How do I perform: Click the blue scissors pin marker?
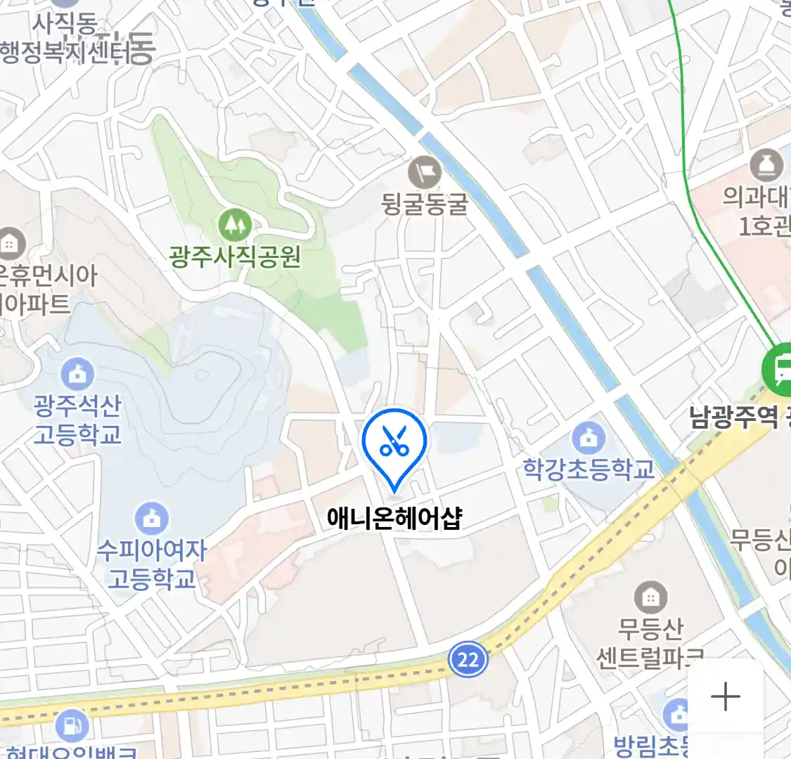coord(394,444)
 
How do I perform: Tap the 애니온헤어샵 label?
coord(394,518)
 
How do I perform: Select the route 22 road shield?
coord(468,659)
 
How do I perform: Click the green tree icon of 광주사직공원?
coord(235,225)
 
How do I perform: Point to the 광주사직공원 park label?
coord(235,257)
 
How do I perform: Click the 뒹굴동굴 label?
coord(425,205)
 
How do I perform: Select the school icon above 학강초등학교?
coord(589,439)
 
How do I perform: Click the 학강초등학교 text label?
coord(589,469)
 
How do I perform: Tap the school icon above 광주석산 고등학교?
coord(77,375)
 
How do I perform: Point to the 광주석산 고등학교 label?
coord(77,420)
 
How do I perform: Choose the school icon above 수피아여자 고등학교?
coord(151,519)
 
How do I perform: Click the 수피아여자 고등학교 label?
coord(151,564)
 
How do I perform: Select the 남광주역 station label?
coord(735,418)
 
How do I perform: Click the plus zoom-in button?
coord(725,696)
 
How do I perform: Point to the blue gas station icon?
coord(71,725)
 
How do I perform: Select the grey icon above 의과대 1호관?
coord(766,166)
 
